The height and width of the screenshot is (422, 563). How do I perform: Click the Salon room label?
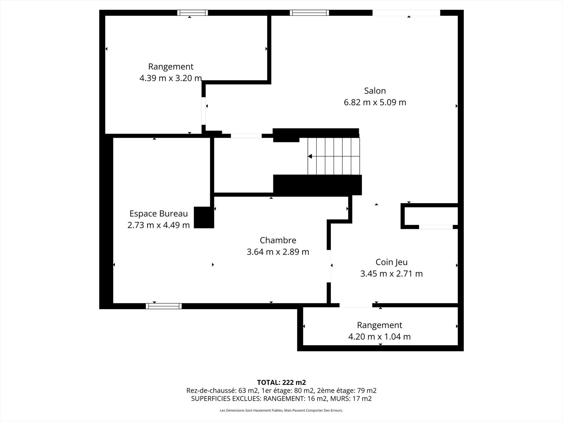(375, 91)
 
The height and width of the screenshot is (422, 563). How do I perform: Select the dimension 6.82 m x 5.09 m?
(375, 102)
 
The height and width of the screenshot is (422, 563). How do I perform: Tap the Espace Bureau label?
(158, 214)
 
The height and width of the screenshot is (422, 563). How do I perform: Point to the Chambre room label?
(278, 240)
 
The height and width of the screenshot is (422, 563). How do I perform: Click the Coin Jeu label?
(391, 262)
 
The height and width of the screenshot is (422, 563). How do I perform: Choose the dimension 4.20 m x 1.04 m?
(379, 336)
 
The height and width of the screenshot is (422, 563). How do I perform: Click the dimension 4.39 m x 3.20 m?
(170, 78)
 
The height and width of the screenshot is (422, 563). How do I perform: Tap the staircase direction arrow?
(310, 156)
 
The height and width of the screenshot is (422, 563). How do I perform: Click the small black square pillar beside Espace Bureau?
(204, 217)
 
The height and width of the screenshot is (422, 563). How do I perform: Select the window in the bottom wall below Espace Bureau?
(164, 306)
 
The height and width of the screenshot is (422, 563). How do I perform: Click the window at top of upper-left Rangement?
(192, 13)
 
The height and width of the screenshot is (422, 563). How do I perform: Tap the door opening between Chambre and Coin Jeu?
(329, 266)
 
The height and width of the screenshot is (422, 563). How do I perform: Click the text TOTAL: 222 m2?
(281, 382)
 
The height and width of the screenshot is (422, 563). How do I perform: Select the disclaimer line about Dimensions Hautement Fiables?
(281, 411)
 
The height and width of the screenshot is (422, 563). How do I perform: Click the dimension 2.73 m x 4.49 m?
(158, 225)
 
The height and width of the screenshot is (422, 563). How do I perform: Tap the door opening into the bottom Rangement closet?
(356, 305)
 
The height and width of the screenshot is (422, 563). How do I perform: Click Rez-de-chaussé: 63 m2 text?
(222, 391)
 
